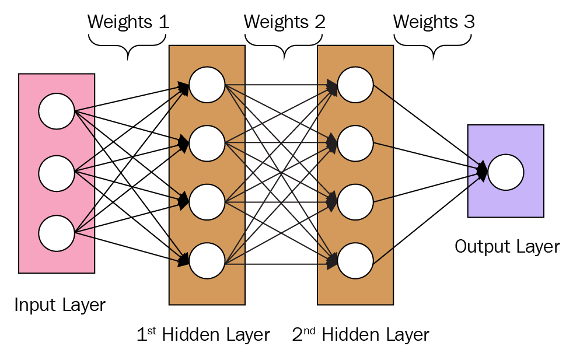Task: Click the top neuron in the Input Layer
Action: [x=57, y=111]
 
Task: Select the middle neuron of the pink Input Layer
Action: [x=57, y=173]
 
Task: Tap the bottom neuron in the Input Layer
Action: [x=57, y=233]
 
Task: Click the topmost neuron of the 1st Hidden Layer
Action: [x=207, y=85]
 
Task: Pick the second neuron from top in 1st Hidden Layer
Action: [x=207, y=143]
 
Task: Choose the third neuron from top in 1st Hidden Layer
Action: [x=207, y=202]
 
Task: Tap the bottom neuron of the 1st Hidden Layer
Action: [x=207, y=261]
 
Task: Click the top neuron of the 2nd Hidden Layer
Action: [x=355, y=85]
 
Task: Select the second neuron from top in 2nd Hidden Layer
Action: [x=355, y=143]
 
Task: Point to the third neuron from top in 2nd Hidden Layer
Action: [x=355, y=202]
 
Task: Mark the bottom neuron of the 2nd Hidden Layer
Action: [x=355, y=261]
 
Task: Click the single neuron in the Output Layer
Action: [x=506, y=172]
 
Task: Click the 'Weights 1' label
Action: [x=128, y=22]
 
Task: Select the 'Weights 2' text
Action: [x=284, y=22]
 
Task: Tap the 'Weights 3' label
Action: [x=434, y=22]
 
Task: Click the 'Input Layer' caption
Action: [x=60, y=305]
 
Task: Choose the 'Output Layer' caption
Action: [x=507, y=247]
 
